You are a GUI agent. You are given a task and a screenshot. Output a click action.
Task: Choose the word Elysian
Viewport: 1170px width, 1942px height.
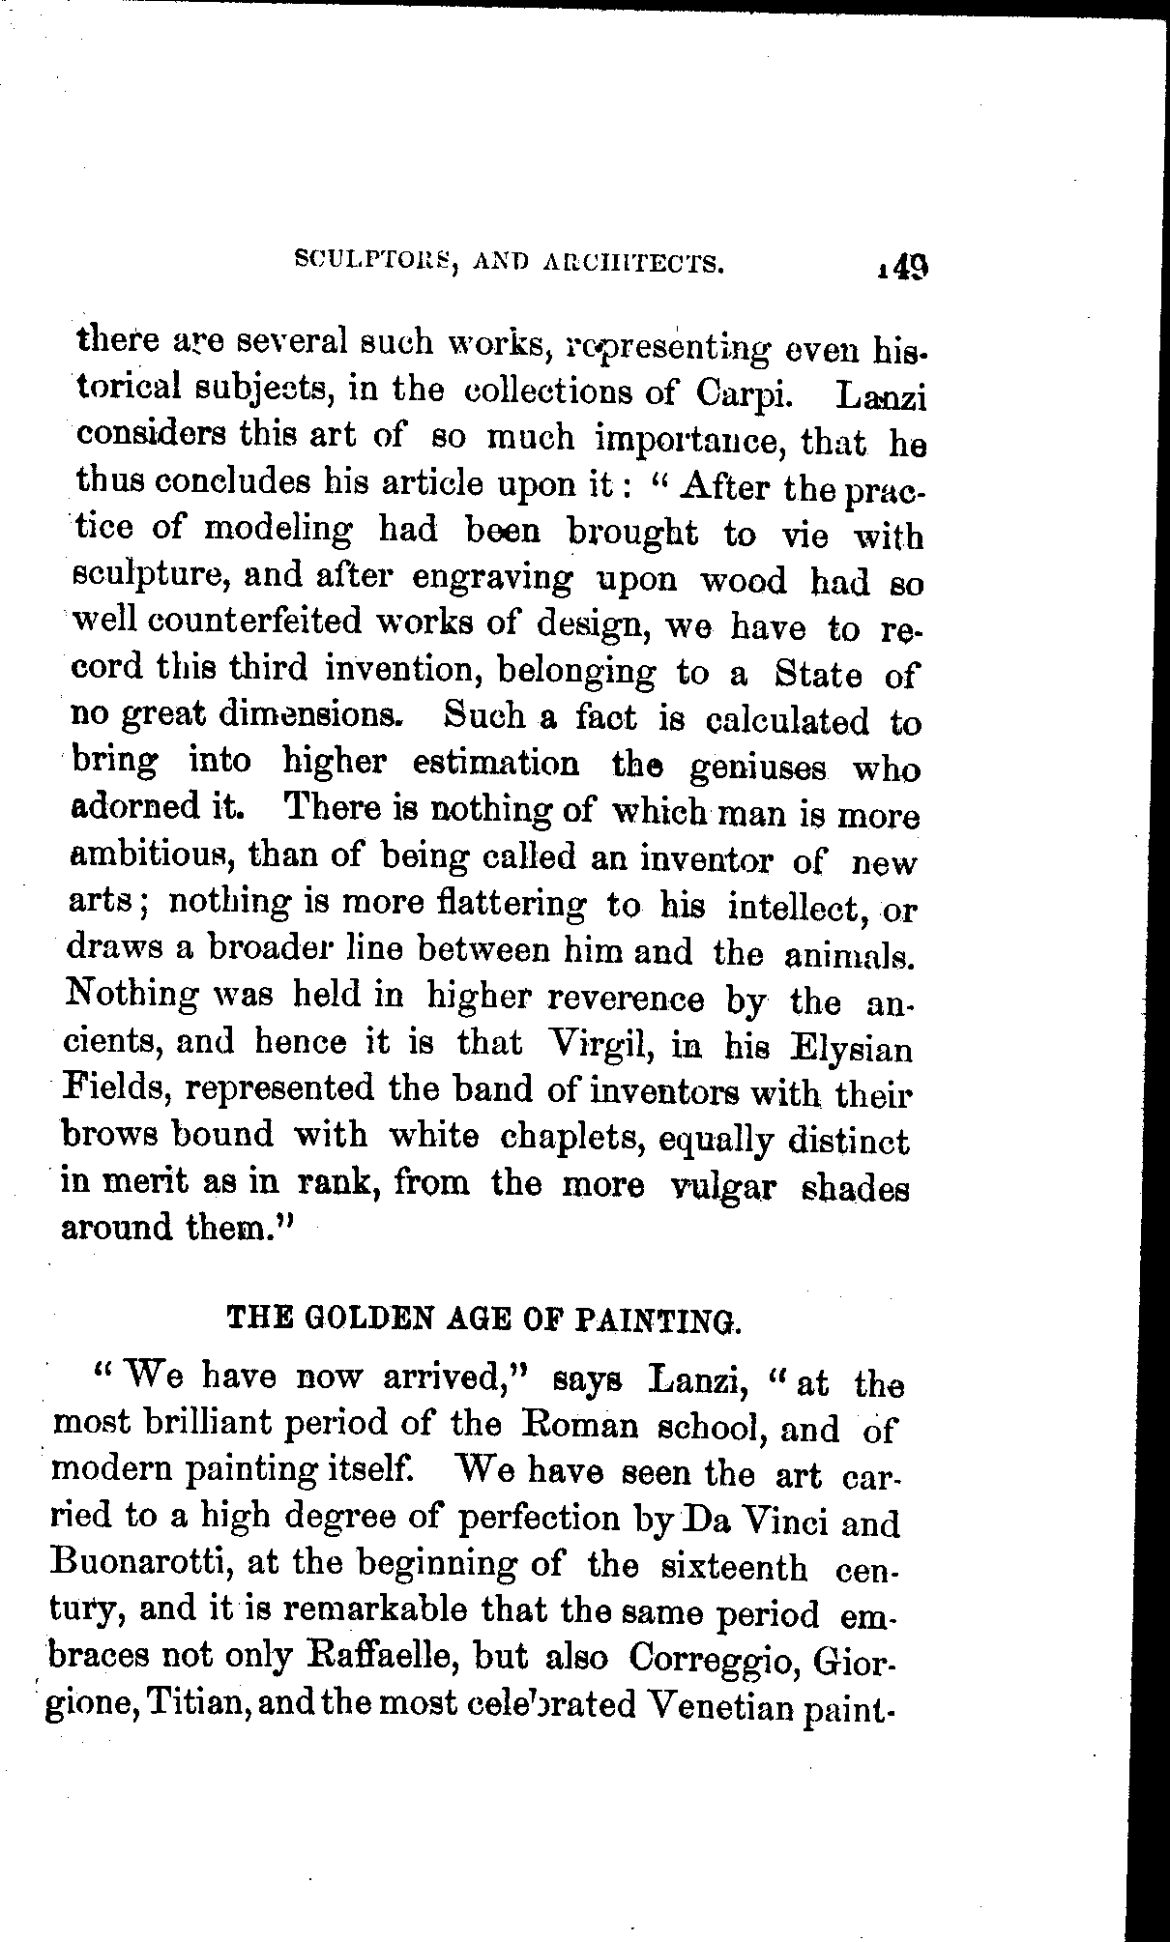(x=851, y=1049)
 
